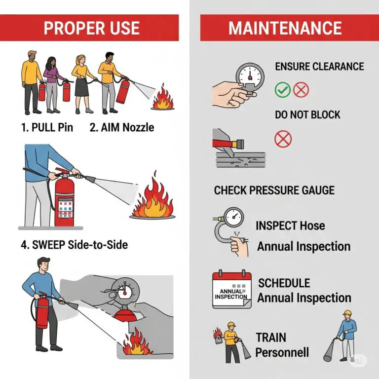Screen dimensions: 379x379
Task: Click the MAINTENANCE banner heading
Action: click(x=285, y=28)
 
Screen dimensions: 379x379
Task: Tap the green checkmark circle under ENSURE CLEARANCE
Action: click(x=282, y=89)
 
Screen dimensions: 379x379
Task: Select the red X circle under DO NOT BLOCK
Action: click(x=283, y=139)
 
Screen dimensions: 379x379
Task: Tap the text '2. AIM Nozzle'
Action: click(x=122, y=127)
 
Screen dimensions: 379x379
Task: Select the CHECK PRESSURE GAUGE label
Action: click(x=274, y=190)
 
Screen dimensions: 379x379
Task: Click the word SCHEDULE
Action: click(x=284, y=283)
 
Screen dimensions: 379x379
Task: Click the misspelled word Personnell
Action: click(x=282, y=352)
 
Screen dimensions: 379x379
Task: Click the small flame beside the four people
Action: click(x=163, y=97)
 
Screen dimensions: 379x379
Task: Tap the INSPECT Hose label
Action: click(x=290, y=226)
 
